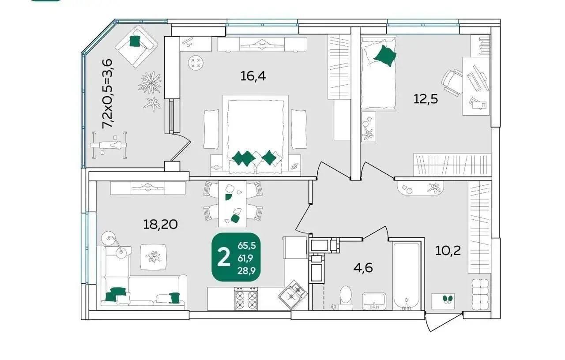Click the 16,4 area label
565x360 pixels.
point(253,76)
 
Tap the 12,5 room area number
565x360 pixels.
point(426,99)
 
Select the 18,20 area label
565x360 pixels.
point(160,224)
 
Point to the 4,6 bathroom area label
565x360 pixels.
point(363,268)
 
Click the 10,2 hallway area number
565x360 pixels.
point(448,251)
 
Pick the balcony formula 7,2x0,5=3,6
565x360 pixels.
point(107,94)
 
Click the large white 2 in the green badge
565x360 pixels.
point(224,257)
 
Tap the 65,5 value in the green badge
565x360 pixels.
point(247,245)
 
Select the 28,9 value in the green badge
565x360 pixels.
point(247,271)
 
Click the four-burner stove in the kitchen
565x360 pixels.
point(246,298)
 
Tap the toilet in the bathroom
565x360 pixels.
point(346,297)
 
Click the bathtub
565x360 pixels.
point(406,276)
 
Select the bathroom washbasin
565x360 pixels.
point(374,301)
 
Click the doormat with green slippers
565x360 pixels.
point(443,301)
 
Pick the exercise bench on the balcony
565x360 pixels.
point(109,145)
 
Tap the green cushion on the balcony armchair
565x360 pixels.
point(135,41)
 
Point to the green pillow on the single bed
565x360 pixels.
point(385,56)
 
